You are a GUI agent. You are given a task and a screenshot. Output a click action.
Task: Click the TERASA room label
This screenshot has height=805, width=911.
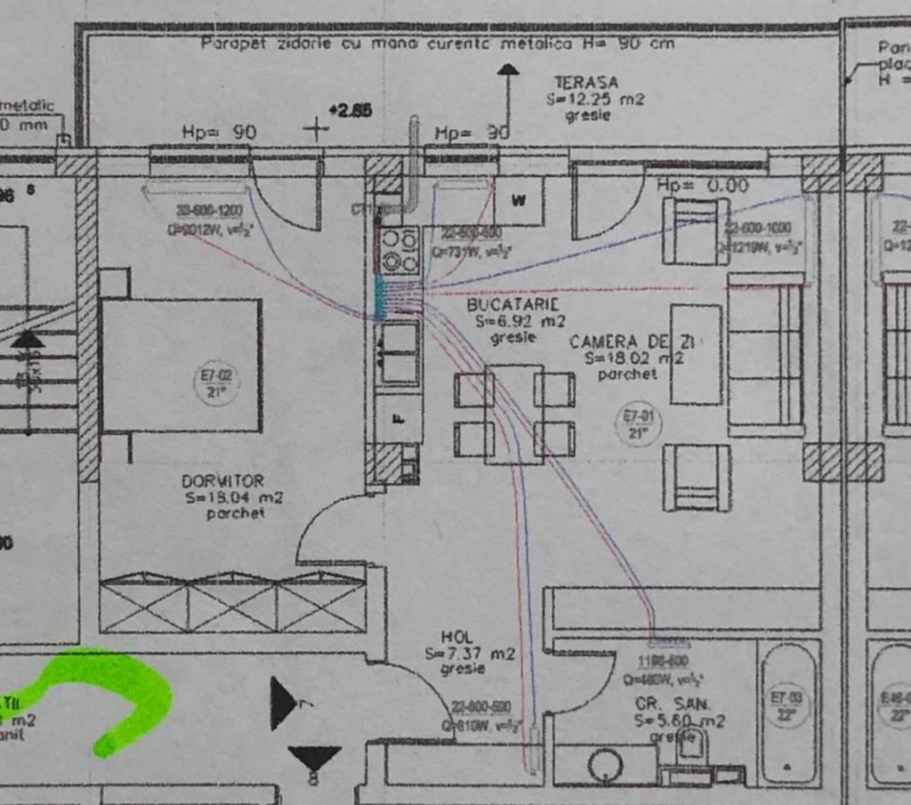tap(585, 83)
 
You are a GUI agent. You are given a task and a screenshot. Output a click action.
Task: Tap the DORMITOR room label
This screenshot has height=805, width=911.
tap(222, 481)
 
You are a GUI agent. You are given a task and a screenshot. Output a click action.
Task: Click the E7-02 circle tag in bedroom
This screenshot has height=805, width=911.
tap(217, 383)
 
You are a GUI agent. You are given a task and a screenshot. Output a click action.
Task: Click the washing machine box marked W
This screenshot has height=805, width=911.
tap(519, 201)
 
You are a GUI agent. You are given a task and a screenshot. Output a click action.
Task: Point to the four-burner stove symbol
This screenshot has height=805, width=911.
tap(399, 250)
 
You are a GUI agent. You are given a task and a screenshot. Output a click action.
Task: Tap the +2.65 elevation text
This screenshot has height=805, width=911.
tap(350, 111)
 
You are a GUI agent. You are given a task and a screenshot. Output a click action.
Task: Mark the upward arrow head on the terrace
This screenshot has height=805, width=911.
tap(508, 68)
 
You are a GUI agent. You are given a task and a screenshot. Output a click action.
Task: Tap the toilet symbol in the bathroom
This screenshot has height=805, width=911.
tap(690, 745)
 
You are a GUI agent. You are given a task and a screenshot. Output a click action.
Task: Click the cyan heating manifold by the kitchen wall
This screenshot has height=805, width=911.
tap(381, 297)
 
